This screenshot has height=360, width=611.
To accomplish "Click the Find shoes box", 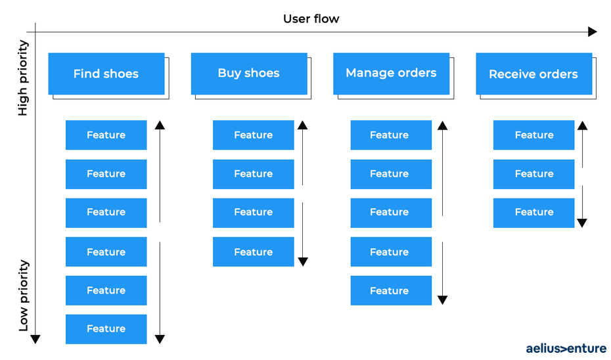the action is click(x=106, y=74).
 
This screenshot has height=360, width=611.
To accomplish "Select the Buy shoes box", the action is click(x=249, y=74).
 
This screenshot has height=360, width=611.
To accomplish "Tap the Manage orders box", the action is click(x=391, y=74).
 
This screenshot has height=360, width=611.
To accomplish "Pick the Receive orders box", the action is click(x=534, y=74).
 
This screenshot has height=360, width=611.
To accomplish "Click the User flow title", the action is click(x=311, y=18).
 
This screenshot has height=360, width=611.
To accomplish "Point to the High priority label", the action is click(x=24, y=78).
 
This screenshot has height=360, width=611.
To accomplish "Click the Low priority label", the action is click(x=24, y=296).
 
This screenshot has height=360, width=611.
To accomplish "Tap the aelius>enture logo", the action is click(x=566, y=348).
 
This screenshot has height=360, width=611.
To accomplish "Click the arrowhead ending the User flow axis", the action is click(x=593, y=32).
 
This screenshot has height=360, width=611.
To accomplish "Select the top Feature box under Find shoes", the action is click(x=106, y=135).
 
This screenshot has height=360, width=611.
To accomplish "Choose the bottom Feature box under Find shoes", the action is click(x=106, y=329).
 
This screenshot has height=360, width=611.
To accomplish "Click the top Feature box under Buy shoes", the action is click(x=254, y=135).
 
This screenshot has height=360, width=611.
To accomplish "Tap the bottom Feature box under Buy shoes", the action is click(x=254, y=252).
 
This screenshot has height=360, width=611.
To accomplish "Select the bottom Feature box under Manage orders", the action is click(x=391, y=290).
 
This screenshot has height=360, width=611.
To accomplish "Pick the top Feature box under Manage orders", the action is click(x=391, y=135).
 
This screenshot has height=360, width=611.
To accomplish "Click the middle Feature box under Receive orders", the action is click(x=534, y=174).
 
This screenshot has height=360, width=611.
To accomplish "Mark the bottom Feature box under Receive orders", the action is click(x=534, y=213).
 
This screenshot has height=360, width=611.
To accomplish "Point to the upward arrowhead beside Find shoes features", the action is click(x=160, y=125).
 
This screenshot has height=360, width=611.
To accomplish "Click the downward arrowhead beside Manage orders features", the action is click(x=442, y=300).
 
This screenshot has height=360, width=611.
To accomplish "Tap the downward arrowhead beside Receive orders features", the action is click(x=582, y=223).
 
